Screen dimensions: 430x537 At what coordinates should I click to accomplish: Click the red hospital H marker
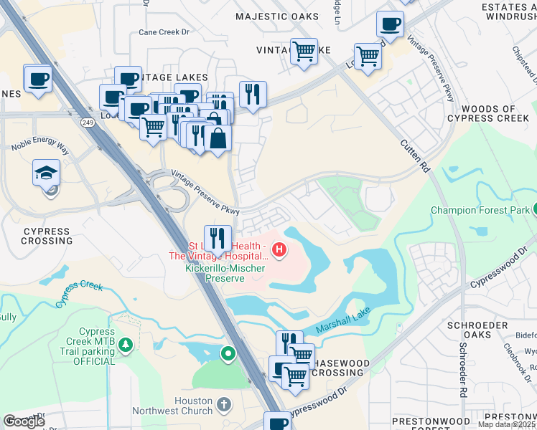[x=279, y=251]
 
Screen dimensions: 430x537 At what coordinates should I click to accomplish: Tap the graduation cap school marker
[x=45, y=173]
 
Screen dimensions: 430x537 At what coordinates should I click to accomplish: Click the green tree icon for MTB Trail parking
[x=126, y=346]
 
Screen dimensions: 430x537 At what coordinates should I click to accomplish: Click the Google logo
[x=24, y=421]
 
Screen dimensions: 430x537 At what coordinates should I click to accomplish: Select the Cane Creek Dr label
[x=163, y=32]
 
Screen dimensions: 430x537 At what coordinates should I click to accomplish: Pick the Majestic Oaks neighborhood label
[x=277, y=16]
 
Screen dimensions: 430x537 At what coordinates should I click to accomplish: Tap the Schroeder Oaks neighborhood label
[x=478, y=330]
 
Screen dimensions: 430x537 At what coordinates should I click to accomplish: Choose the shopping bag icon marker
[x=218, y=136]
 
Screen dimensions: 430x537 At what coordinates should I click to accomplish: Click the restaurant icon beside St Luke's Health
[x=218, y=237]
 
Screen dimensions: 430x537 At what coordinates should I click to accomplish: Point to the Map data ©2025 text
[x=507, y=424]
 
